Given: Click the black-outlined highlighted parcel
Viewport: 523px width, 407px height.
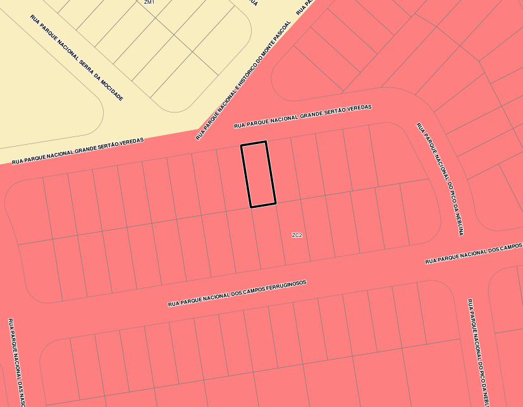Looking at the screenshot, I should [x=258, y=174].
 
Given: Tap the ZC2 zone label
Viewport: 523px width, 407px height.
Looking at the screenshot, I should [x=297, y=235].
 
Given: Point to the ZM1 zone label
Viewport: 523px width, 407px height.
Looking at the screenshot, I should [x=149, y=3].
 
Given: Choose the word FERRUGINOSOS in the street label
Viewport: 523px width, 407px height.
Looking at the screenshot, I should [x=283, y=287].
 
